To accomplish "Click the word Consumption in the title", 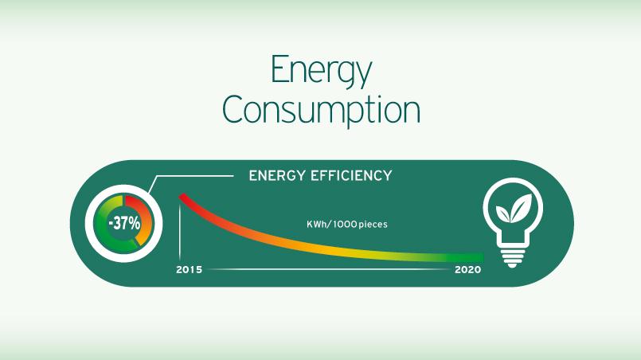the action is [x=321, y=110].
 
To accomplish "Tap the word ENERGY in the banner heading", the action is [x=277, y=176].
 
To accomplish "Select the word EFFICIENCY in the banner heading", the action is [x=352, y=176].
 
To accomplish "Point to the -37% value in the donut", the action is [x=124, y=223].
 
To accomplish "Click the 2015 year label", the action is [x=189, y=269].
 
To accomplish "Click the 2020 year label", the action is [x=467, y=269].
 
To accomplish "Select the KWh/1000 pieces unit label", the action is [x=347, y=224].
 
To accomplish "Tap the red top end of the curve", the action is [x=182, y=198].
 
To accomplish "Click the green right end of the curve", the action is [x=479, y=257].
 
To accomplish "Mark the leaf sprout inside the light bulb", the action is [x=514, y=209].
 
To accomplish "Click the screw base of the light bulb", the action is [x=512, y=256].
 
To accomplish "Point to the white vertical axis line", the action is [x=180, y=233].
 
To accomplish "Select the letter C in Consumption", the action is [x=234, y=110].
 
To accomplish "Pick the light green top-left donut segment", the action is [x=109, y=204].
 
